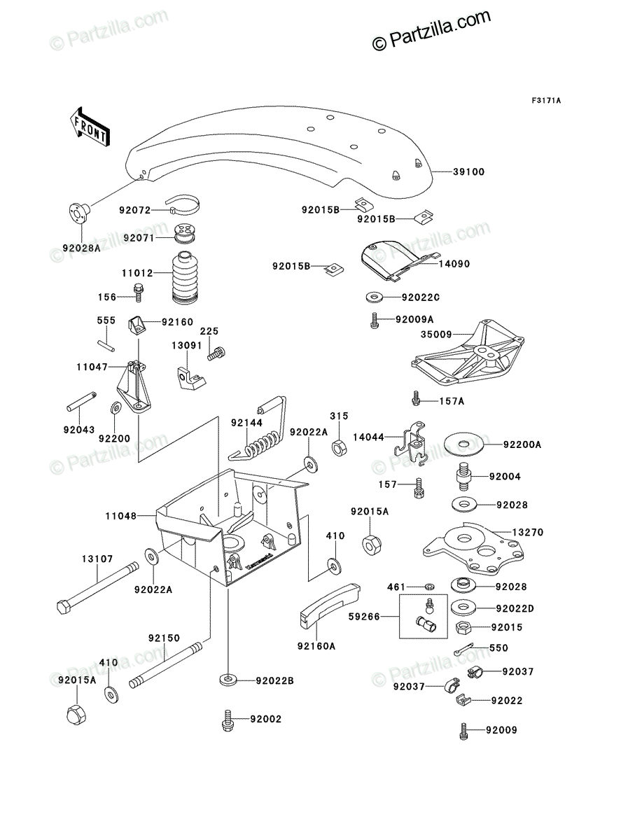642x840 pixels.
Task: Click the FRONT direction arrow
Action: click(90, 127)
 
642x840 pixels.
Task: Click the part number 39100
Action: click(468, 172)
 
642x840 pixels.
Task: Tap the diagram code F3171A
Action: click(546, 101)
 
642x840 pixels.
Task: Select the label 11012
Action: click(137, 273)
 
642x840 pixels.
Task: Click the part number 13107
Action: click(97, 559)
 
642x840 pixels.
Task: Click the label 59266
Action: click(364, 617)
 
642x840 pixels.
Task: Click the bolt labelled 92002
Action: click(228, 720)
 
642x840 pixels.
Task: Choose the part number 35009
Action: click(436, 335)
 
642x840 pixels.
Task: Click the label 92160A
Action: click(316, 646)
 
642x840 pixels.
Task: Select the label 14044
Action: click(368, 437)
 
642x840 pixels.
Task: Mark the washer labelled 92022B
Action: click(228, 680)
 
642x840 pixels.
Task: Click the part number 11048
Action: click(121, 516)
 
